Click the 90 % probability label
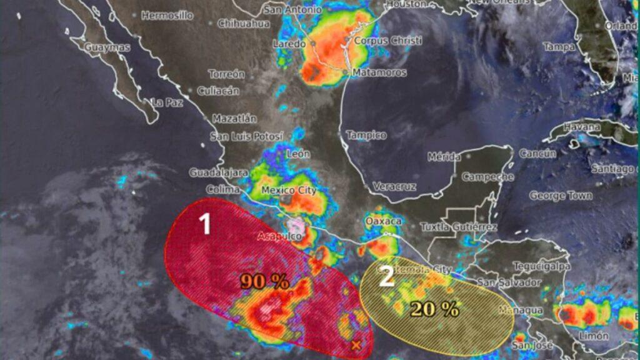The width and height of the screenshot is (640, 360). (265, 281)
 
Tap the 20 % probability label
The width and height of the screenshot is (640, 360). (435, 308)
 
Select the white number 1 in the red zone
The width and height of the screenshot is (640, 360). (204, 224)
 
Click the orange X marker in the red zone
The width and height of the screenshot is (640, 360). (356, 344)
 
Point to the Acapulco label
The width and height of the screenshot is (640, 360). (279, 236)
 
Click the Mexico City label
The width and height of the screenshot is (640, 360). (288, 191)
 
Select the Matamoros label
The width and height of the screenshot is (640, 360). (379, 72)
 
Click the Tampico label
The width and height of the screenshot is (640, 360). (366, 135)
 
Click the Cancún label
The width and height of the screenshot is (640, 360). (537, 154)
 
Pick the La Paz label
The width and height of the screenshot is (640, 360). (167, 102)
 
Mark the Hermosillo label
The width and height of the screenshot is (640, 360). (167, 16)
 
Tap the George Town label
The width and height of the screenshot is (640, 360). (561, 196)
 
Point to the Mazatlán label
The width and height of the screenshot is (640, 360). (234, 118)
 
